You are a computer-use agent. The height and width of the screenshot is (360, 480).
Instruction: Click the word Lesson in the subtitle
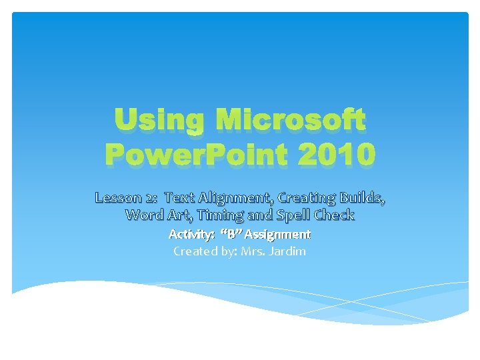pos(118,197)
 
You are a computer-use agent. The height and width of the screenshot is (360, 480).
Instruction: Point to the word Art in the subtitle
pos(177,215)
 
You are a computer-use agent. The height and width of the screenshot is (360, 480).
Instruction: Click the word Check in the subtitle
pos(331,215)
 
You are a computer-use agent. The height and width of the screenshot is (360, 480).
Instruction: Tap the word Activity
pos(190,235)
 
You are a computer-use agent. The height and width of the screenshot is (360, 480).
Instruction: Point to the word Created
pos(192,251)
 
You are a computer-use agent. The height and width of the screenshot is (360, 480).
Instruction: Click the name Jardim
pos(288,251)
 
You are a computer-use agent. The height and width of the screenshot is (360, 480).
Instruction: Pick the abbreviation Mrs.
pos(253,251)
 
